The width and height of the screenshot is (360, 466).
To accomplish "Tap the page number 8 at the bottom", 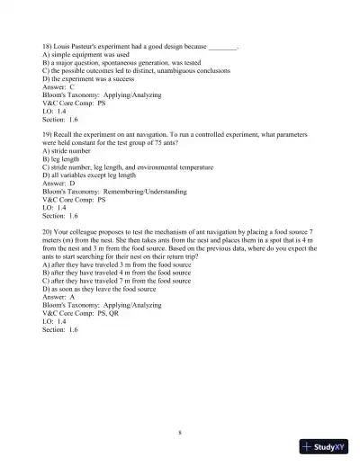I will point(180,433).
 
